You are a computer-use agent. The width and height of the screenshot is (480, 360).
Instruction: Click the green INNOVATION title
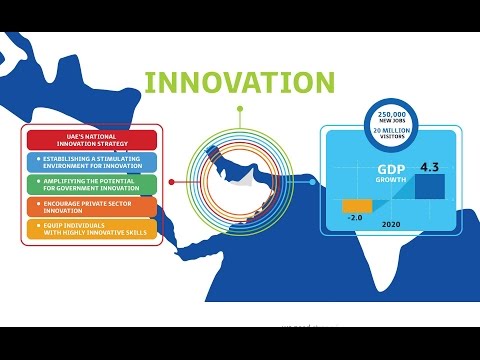[x=239, y=82]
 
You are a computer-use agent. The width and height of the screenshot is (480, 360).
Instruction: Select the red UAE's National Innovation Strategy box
[x=91, y=140]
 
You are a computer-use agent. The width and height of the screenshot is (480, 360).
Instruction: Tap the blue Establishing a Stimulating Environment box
[x=91, y=162]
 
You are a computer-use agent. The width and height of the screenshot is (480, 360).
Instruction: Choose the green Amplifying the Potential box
[x=91, y=184]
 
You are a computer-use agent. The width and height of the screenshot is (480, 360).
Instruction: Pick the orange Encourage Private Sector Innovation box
[x=91, y=207]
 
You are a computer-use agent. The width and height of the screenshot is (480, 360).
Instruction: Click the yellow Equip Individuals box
[x=91, y=229]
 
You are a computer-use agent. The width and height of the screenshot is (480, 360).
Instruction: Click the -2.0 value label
[x=355, y=216]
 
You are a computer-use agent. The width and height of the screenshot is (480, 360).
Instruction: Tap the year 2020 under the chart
[x=392, y=225]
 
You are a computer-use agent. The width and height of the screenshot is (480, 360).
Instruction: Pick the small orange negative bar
[x=357, y=205]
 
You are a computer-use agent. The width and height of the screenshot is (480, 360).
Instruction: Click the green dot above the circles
[x=240, y=107]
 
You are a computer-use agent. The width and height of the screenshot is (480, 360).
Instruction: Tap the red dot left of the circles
[x=172, y=182]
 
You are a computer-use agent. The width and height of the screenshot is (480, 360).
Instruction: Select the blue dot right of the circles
[x=313, y=182]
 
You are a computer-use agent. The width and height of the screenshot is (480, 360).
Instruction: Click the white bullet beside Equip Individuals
[x=37, y=225]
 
